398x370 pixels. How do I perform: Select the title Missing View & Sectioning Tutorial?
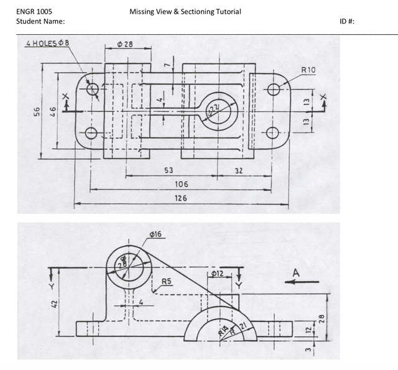(x=185, y=11)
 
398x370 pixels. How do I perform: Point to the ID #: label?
(x=347, y=22)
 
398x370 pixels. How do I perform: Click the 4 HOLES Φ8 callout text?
(x=48, y=43)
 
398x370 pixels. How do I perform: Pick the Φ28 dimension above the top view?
(x=125, y=45)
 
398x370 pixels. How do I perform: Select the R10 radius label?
(x=308, y=70)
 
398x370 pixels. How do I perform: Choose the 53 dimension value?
(x=169, y=170)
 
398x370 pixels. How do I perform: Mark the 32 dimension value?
(x=238, y=170)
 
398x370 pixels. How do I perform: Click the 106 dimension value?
(x=181, y=184)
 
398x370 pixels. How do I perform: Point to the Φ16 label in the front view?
(x=155, y=234)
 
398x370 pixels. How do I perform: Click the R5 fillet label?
(x=167, y=281)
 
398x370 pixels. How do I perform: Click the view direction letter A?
(x=296, y=272)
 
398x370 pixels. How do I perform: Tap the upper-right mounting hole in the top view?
(x=274, y=90)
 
